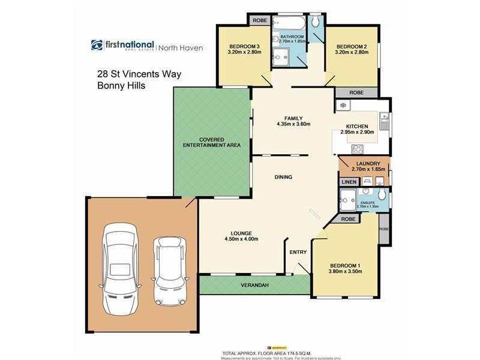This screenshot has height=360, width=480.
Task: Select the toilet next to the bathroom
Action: point(316,22)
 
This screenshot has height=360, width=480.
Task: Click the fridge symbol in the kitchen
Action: point(343,106)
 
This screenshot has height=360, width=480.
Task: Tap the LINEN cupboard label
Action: point(348,182)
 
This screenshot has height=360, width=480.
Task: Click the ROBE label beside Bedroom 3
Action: point(259,20)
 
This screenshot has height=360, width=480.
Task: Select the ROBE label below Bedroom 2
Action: point(356,93)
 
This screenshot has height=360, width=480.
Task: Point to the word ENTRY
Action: point(298,253)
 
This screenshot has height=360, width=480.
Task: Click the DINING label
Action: point(283,177)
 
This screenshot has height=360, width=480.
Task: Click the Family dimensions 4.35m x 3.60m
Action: point(293,124)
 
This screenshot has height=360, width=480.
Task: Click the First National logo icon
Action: point(97,45)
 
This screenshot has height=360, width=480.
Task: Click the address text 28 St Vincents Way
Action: point(139,74)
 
